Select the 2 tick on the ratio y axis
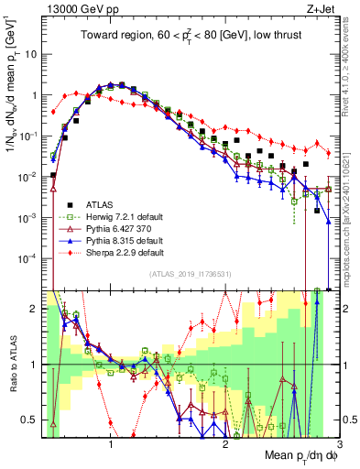(x=34, y=309)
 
